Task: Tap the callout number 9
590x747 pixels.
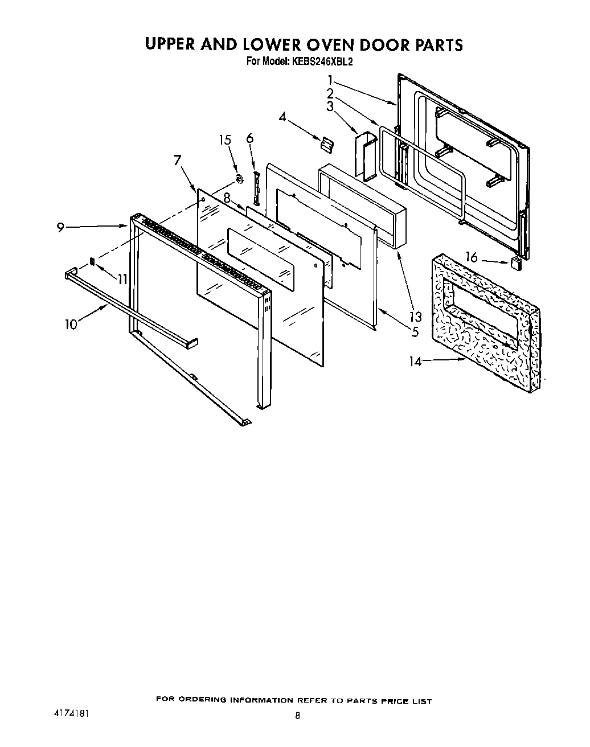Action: pos(60,227)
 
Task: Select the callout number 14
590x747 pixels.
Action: pos(416,361)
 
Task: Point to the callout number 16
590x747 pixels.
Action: pos(472,257)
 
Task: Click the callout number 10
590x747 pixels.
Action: pos(71,325)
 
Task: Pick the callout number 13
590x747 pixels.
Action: pos(416,317)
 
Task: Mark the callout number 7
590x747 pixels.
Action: pos(178,161)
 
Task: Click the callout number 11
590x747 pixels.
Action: pos(122,279)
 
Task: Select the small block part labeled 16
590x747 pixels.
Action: pos(516,262)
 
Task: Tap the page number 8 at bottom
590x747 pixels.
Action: pos(297,716)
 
